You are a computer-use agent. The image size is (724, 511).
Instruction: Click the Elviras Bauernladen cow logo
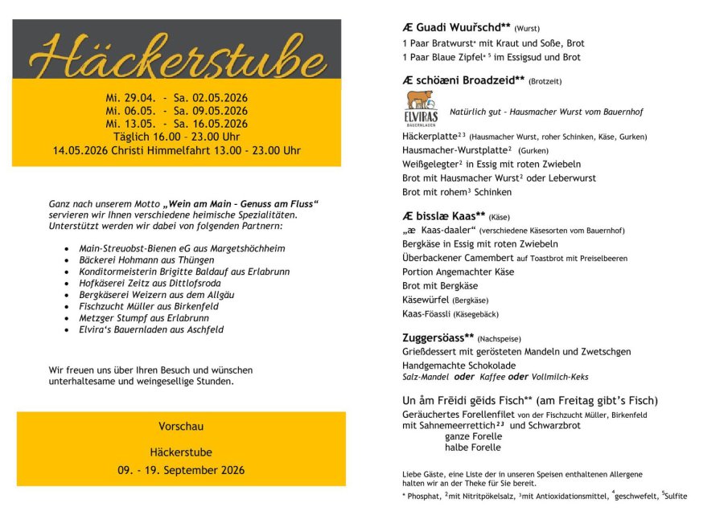[x=421, y=108]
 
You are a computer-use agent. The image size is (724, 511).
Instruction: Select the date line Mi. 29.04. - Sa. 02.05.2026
[x=177, y=97]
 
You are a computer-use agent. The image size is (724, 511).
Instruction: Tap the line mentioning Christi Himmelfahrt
[x=177, y=150]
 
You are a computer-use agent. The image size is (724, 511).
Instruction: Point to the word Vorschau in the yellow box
[x=181, y=426]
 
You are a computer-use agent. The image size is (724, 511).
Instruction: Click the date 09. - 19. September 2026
[x=181, y=470]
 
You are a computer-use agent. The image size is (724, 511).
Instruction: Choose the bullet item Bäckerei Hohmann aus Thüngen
[x=146, y=260]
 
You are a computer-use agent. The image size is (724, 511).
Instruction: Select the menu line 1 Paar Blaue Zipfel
[x=491, y=57]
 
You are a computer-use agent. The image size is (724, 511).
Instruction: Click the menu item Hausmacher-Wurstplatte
[x=457, y=150]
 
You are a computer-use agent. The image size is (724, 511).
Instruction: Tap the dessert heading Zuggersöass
[x=438, y=337]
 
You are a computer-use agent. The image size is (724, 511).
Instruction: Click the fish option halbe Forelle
[x=472, y=448]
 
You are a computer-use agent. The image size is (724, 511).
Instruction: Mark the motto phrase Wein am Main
[x=209, y=204]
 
